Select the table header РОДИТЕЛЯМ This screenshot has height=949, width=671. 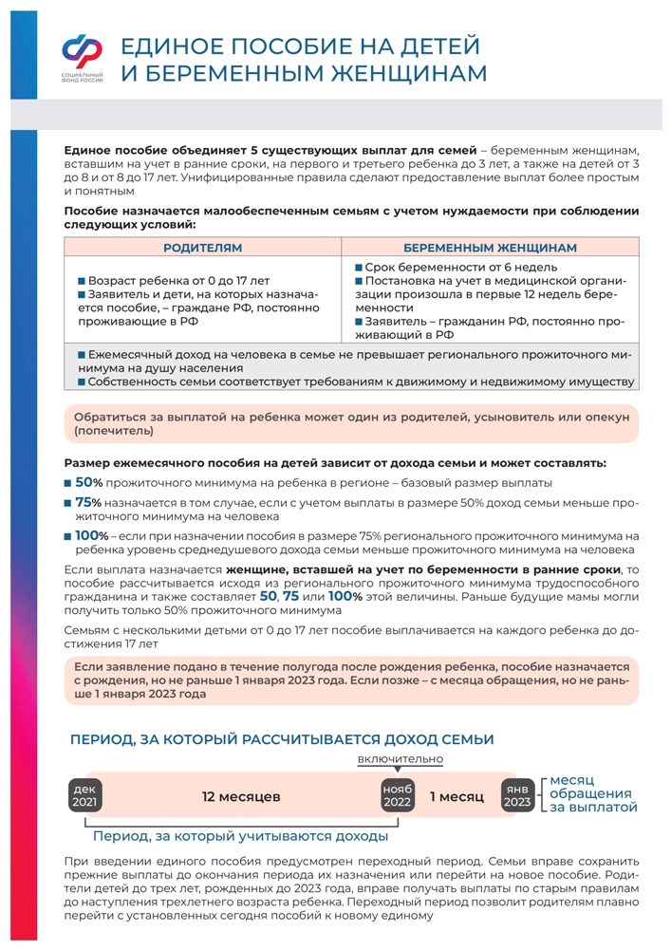202,248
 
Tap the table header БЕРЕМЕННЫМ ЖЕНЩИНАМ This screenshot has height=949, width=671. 490,248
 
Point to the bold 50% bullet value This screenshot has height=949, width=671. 88,482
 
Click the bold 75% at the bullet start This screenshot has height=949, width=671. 88,502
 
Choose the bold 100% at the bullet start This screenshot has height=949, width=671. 92,536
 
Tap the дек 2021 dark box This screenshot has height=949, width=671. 85,796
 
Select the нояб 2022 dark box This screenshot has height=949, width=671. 399,796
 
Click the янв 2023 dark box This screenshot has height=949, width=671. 517,796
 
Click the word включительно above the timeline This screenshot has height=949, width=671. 401,760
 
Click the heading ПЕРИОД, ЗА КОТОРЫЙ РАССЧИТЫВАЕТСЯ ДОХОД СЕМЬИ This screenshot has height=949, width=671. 282,738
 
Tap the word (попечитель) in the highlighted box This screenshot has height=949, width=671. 107,431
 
